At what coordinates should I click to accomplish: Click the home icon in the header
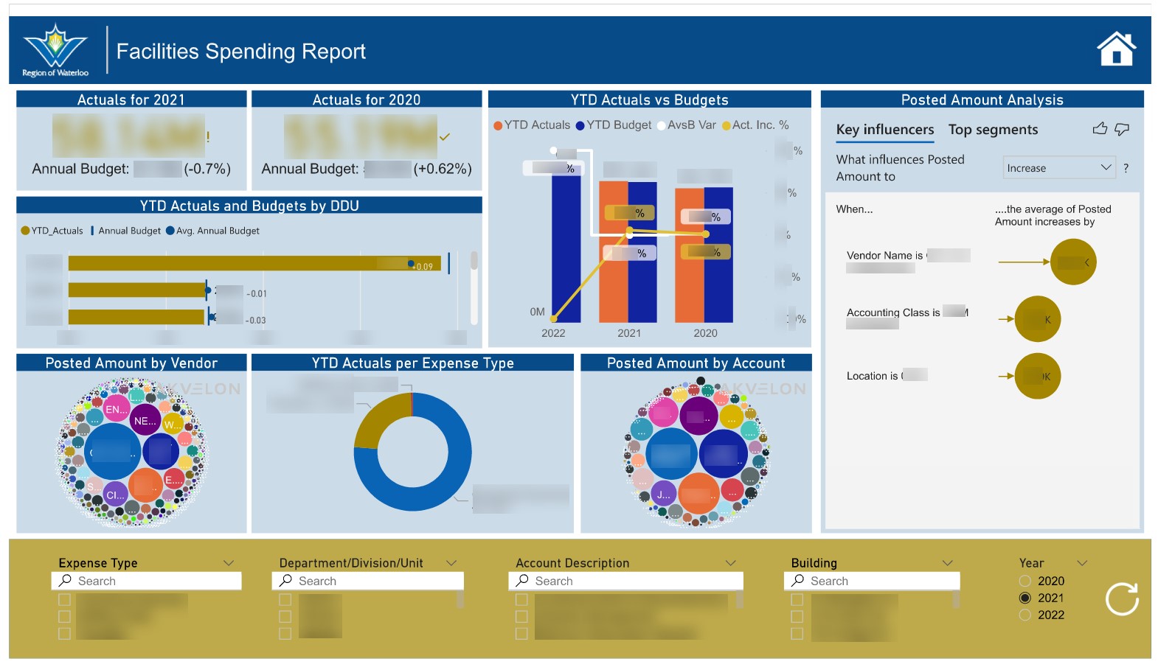(1116, 49)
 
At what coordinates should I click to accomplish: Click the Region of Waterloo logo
(55, 50)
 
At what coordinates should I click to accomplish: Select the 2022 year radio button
(1024, 615)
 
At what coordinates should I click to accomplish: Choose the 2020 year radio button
(1024, 581)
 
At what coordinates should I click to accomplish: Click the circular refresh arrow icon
(1122, 598)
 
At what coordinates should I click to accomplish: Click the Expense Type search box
(148, 581)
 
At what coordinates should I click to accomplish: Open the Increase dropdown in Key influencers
(1059, 168)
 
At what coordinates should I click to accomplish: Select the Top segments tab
(993, 130)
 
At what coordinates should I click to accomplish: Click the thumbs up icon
(1100, 129)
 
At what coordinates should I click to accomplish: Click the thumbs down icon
(1122, 129)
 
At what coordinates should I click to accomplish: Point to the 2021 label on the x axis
(629, 333)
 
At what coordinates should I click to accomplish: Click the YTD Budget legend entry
(614, 125)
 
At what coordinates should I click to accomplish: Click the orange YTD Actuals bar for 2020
(689, 258)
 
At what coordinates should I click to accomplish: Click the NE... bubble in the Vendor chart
(145, 421)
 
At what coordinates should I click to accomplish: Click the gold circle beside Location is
(1037, 376)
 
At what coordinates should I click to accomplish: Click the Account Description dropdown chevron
(730, 563)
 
